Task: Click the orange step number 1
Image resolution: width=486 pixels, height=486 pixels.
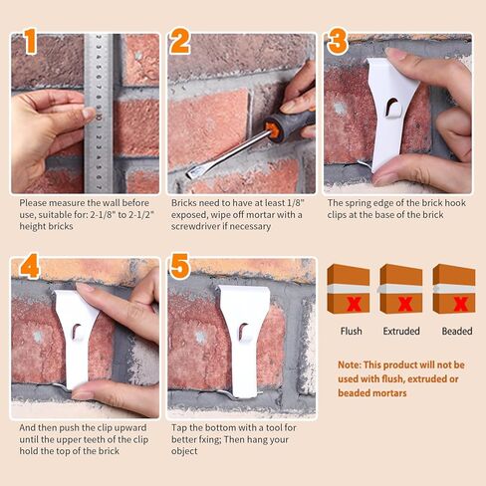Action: (x=29, y=43)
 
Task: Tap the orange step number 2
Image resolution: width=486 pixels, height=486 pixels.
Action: (x=180, y=42)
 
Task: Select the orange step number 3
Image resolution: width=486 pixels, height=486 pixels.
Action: (x=338, y=42)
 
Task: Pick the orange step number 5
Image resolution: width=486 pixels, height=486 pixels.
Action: (x=180, y=267)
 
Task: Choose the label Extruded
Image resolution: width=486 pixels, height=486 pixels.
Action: (x=400, y=331)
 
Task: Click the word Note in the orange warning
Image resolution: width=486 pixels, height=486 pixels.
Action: (x=350, y=365)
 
